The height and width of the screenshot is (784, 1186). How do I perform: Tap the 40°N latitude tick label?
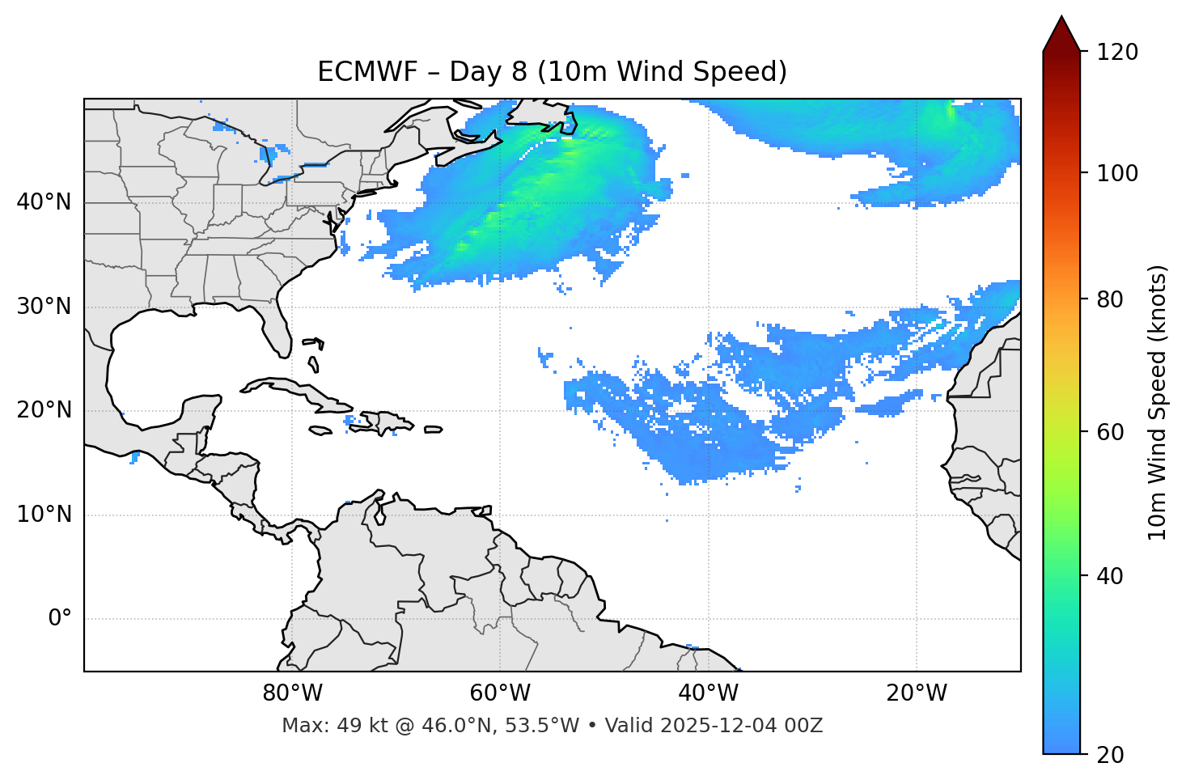pyautogui.click(x=44, y=202)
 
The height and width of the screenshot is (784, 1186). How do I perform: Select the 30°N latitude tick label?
pyautogui.click(x=44, y=307)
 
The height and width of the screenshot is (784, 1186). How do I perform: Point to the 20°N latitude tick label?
pyautogui.click(x=44, y=410)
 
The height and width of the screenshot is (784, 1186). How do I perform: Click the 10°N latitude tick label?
pyautogui.click(x=44, y=515)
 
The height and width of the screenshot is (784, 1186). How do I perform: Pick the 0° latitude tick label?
pyautogui.click(x=59, y=619)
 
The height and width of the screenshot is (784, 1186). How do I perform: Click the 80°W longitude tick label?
pyautogui.click(x=292, y=693)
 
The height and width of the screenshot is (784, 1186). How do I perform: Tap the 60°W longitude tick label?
pyautogui.click(x=500, y=693)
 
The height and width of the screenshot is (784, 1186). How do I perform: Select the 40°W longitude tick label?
pyautogui.click(x=708, y=693)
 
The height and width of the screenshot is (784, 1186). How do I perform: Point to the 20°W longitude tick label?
pyautogui.click(x=916, y=693)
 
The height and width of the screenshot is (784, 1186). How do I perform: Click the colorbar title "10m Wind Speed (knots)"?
pyautogui.click(x=1158, y=402)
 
